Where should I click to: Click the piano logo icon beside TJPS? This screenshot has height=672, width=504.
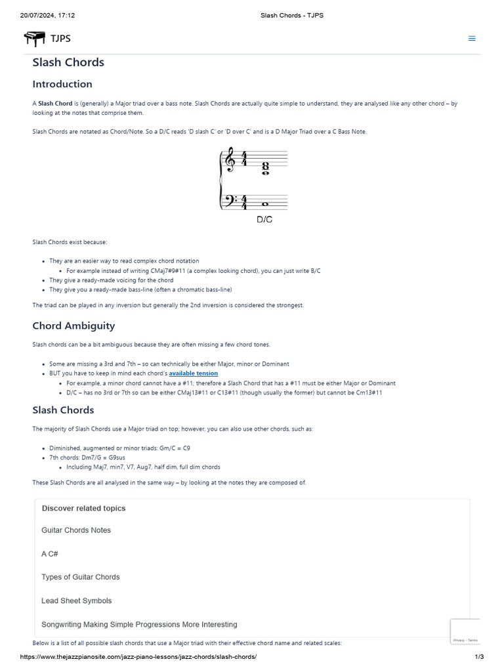coord(35,39)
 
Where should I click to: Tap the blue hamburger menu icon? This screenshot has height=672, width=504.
coord(471,39)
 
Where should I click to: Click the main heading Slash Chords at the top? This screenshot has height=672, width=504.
coord(68,62)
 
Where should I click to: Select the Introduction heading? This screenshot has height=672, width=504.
coord(62,84)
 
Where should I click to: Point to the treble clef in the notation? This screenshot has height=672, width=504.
coord(230,162)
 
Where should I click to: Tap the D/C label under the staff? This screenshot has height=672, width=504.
coord(264,220)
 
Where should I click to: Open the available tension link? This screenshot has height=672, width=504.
coord(194,373)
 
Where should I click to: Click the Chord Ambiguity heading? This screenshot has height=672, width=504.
coord(73,326)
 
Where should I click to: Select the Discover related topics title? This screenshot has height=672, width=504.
coord(83,508)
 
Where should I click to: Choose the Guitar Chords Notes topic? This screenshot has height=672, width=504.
coord(76,530)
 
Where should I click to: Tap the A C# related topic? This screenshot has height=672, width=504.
coord(50,554)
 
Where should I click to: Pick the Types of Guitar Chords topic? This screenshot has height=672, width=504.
coord(81,577)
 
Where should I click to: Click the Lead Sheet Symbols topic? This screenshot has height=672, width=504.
coord(76,601)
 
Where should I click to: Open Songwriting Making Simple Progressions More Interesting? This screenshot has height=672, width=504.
coord(139,625)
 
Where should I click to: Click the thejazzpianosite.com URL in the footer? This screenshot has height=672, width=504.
coord(138,657)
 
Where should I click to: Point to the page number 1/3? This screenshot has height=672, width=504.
coord(479,657)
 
